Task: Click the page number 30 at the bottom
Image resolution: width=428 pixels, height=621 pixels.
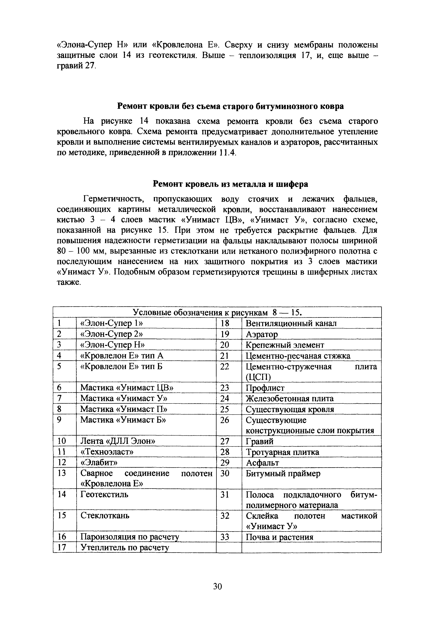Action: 217,587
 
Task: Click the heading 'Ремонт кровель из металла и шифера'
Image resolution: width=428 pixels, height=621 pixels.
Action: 230,184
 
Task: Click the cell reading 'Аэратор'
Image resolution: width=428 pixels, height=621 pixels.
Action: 262,334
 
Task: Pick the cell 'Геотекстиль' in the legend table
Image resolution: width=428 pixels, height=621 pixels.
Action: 104,494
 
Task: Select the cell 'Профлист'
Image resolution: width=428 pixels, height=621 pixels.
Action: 265,388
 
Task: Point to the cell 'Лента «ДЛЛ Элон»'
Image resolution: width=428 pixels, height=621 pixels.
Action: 118,441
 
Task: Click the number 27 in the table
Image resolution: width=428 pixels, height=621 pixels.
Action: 225,441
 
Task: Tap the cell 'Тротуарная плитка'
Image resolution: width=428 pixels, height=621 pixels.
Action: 282,452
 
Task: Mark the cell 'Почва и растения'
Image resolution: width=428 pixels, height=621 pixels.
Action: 279,537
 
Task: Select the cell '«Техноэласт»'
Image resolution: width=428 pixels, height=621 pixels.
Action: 107,452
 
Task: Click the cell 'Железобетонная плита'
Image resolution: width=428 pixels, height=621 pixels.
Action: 290,399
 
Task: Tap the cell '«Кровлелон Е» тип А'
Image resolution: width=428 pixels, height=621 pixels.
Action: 122,356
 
